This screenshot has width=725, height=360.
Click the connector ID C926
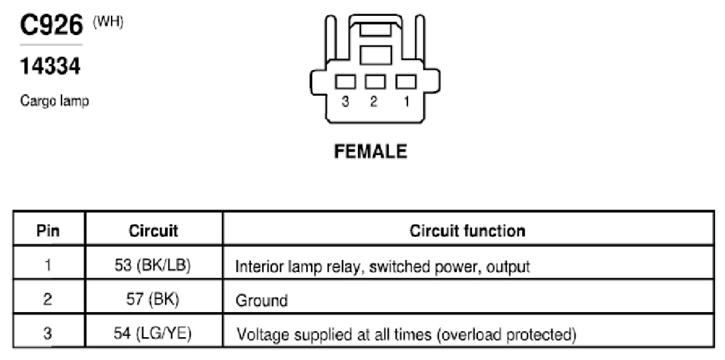tap(52, 25)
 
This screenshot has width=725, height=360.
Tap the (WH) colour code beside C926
tap(108, 22)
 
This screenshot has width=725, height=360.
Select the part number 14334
tap(50, 66)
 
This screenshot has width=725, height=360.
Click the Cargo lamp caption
tap(54, 101)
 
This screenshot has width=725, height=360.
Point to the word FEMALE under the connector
tap(370, 151)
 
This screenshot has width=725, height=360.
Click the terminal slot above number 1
tap(406, 82)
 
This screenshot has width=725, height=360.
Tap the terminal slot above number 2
tap(375, 82)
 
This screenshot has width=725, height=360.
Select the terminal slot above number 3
tap(345, 82)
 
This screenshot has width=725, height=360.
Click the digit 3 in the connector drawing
tap(345, 102)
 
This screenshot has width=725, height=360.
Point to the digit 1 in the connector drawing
tap(407, 102)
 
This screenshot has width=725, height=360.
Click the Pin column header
tap(48, 230)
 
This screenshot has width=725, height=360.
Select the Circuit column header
tap(154, 230)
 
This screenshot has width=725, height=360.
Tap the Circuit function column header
tap(467, 230)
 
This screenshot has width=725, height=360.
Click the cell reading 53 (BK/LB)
tap(153, 266)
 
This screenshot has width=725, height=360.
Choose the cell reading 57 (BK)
tap(153, 299)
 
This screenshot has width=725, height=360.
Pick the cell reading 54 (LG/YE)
tap(153, 333)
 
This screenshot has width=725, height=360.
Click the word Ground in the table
tap(261, 301)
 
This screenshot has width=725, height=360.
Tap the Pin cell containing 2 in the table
tap(47, 299)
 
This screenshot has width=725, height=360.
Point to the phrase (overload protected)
tap(506, 333)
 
